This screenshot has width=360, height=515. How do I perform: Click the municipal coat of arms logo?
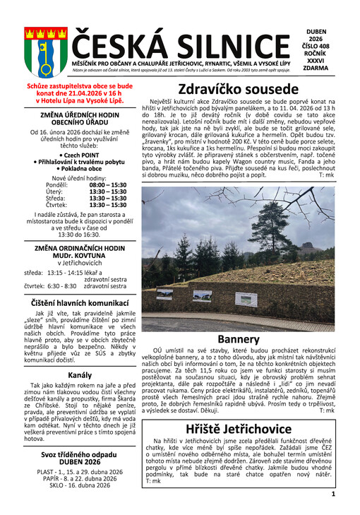[36, 47]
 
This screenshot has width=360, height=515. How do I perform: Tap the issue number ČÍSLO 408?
[320, 48]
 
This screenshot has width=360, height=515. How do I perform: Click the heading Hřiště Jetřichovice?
[239, 430]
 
